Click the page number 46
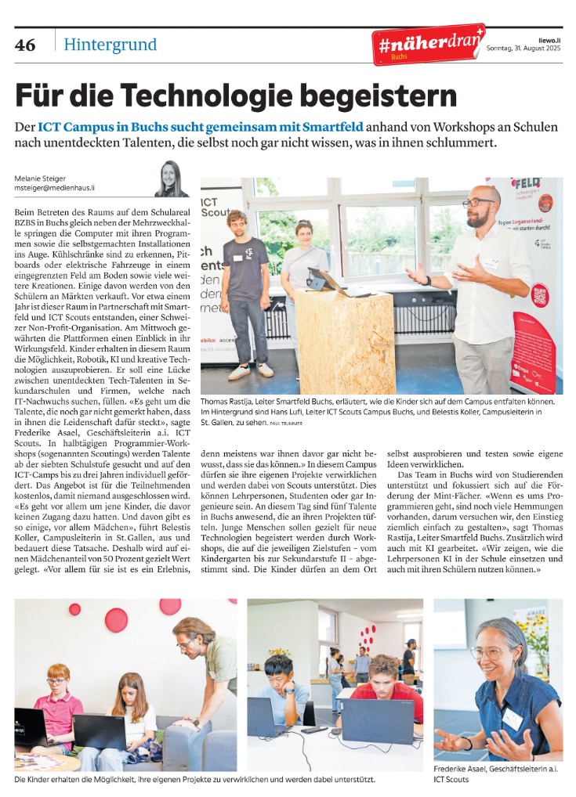coord(25,45)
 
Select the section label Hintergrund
coord(110,45)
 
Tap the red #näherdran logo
coord(428,45)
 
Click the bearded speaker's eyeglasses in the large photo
coord(476,203)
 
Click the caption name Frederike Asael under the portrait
coord(465,769)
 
